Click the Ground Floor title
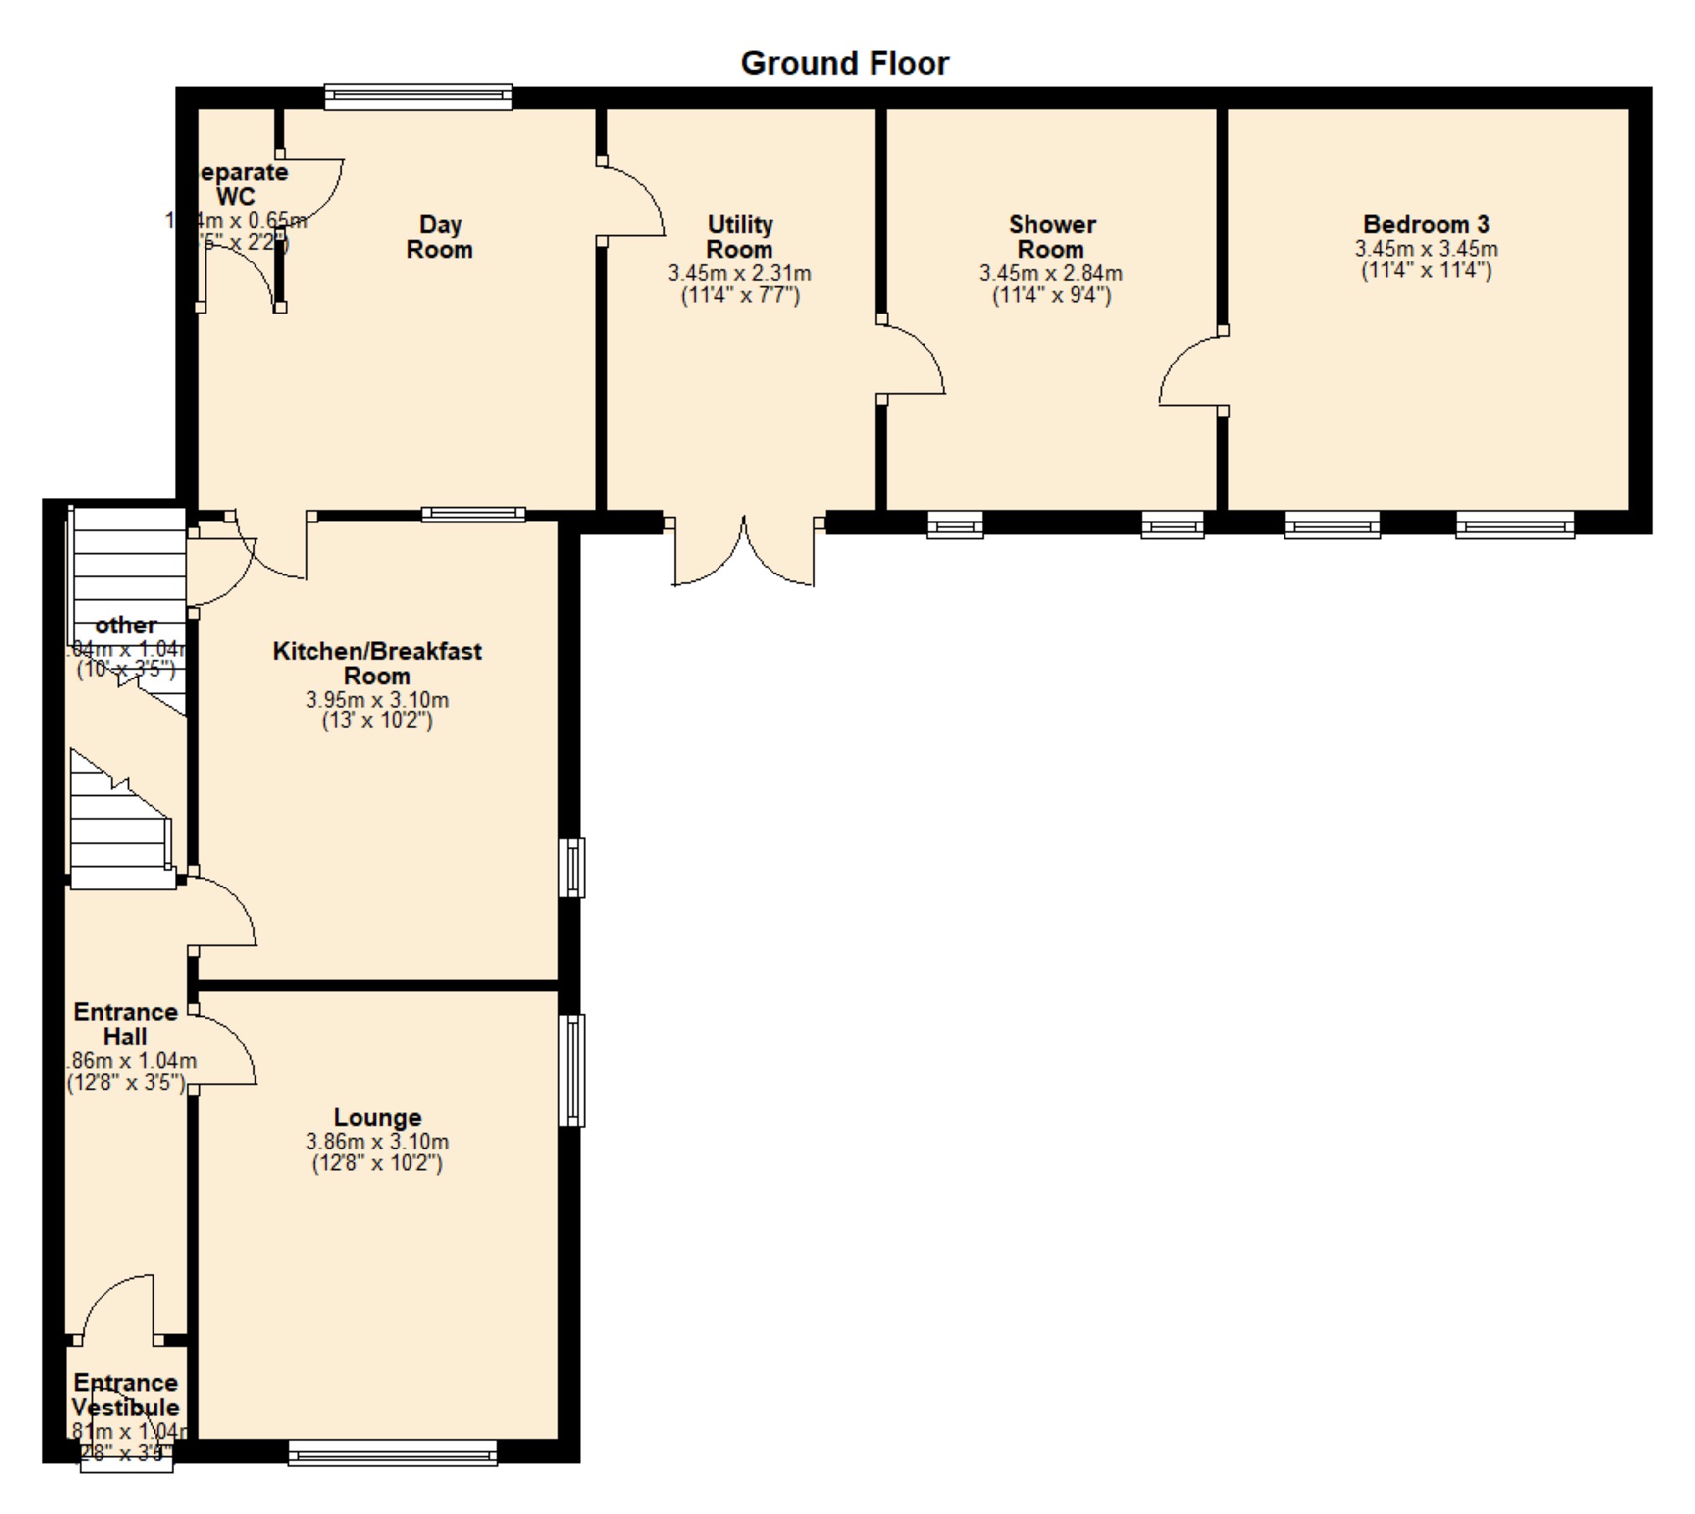[x=845, y=64]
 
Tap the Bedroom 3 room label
[x=1425, y=224]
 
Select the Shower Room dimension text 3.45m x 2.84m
[x=1050, y=273]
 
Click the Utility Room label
[x=739, y=237]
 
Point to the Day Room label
[x=439, y=237]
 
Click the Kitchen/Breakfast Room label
[x=377, y=663]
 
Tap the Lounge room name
[x=378, y=1117]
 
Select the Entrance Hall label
[x=125, y=1024]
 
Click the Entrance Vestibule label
[x=125, y=1395]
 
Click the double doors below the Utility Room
[x=743, y=552]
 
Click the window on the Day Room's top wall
[x=418, y=97]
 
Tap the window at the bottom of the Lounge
[x=393, y=1452]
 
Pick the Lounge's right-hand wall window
[x=572, y=1070]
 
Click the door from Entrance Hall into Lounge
[x=224, y=1049]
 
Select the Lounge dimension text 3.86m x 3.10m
[x=378, y=1142]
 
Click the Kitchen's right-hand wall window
[x=572, y=867]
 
